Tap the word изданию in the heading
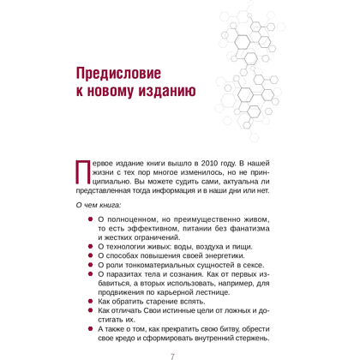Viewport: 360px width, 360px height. click(x=167, y=91)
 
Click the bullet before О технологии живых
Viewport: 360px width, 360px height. click(x=92, y=246)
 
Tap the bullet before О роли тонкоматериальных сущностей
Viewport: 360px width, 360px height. click(x=92, y=268)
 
